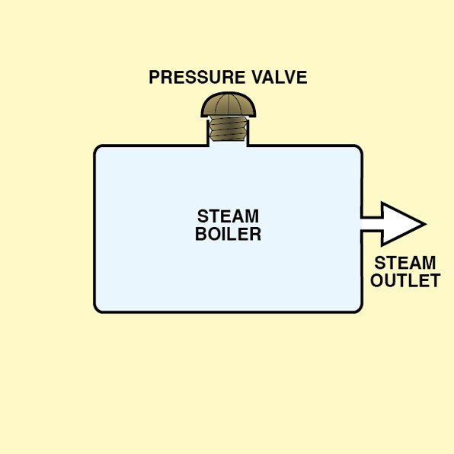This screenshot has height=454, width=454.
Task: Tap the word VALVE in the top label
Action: [x=280, y=77]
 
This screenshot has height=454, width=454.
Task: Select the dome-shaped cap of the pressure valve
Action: [x=229, y=105]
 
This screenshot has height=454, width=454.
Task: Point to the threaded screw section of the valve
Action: [x=229, y=129]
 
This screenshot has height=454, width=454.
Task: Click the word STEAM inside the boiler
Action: [x=229, y=216]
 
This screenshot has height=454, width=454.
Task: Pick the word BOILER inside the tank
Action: [x=229, y=234]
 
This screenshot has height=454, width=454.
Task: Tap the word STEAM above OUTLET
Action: [x=405, y=263]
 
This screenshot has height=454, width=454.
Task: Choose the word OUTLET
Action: [x=405, y=280]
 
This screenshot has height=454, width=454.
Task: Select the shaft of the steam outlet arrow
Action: [x=372, y=224]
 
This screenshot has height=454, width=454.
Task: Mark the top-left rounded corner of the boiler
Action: [x=98, y=149]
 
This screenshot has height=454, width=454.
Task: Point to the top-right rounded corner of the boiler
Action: [x=359, y=149]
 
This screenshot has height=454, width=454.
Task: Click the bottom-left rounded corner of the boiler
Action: [x=98, y=309]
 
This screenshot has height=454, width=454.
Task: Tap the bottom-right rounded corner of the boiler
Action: [x=359, y=309]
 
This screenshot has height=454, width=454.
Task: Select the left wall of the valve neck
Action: [x=208, y=133]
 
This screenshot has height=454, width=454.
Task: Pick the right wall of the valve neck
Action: [x=248, y=133]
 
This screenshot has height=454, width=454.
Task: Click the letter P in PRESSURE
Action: [x=155, y=77]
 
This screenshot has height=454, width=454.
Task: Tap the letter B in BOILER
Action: [x=200, y=234]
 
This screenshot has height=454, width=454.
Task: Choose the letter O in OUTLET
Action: [x=377, y=280]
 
